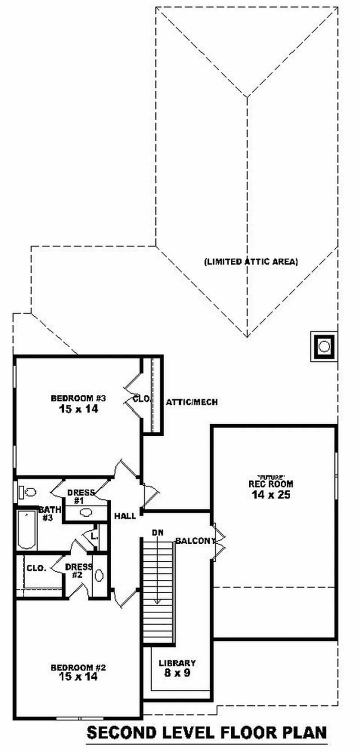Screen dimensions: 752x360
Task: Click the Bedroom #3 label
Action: [78, 398]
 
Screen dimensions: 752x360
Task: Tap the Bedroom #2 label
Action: [78, 667]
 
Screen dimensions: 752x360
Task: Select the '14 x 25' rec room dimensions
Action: [271, 495]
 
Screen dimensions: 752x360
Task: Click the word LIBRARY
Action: [177, 663]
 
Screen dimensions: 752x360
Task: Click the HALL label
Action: [125, 516]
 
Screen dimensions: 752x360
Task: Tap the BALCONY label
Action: [195, 541]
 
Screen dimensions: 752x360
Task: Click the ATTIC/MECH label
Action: [192, 402]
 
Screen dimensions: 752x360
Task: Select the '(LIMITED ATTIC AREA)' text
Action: [251, 261]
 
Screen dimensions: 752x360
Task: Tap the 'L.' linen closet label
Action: [94, 536]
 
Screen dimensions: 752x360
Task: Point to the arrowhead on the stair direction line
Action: [157, 602]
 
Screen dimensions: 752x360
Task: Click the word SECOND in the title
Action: [119, 733]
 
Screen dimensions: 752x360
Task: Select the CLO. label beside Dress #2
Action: [36, 568]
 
